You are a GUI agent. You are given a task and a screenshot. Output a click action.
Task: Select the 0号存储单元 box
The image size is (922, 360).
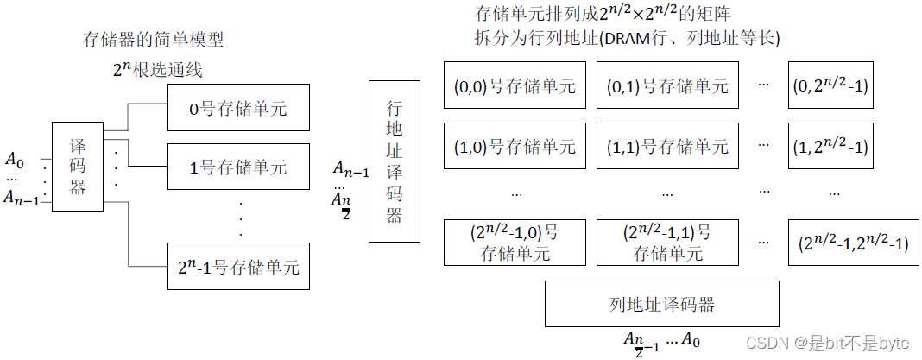[x=237, y=108]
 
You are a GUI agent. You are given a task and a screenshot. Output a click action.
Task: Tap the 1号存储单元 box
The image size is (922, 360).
[x=237, y=167]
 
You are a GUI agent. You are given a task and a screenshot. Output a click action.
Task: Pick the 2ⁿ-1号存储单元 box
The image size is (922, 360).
[x=237, y=266]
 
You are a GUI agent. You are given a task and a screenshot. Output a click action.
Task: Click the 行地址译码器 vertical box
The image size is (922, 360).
[x=395, y=161]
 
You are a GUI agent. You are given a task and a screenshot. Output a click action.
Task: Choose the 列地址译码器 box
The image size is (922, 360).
[x=662, y=303]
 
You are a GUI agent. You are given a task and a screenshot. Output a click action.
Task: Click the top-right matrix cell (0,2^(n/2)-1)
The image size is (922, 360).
[x=829, y=85]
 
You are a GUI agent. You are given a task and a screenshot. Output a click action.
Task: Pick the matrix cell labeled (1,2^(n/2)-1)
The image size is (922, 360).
[x=829, y=146]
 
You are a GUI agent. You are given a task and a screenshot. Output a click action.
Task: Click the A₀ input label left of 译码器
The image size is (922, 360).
[x=15, y=159]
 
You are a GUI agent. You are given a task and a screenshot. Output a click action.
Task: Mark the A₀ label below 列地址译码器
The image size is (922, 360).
[x=691, y=339]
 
